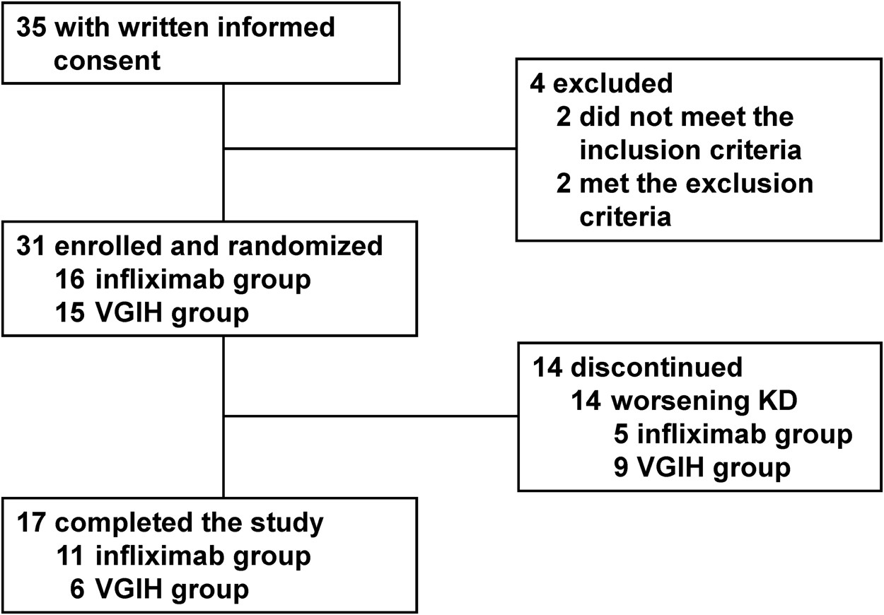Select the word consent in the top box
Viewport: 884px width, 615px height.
[107, 60]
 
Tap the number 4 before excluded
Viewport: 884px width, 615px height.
[537, 83]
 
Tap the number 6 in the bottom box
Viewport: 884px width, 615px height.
[78, 589]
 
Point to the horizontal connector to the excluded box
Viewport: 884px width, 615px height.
[368, 149]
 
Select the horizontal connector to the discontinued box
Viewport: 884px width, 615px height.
[368, 416]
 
